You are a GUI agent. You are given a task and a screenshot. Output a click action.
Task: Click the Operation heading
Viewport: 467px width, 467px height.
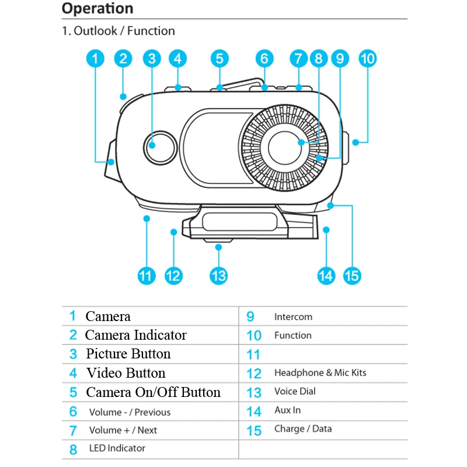(x=97, y=9)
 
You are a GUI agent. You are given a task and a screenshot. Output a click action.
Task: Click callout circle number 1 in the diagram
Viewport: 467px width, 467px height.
(x=96, y=58)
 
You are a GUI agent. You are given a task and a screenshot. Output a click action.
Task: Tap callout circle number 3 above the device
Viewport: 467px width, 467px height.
(x=152, y=58)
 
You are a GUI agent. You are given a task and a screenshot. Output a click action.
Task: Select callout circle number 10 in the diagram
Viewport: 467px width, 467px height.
(x=368, y=58)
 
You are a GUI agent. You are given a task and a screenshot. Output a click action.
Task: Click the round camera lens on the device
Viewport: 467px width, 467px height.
(x=160, y=146)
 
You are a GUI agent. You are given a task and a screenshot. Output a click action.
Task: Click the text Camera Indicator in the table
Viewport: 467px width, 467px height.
(x=135, y=335)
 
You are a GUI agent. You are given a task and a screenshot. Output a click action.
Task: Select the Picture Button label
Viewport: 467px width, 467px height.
(x=128, y=354)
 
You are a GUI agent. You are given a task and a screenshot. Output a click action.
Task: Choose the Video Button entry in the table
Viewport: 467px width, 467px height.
(x=126, y=373)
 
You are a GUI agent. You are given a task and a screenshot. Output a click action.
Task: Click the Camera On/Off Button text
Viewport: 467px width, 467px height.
(x=154, y=392)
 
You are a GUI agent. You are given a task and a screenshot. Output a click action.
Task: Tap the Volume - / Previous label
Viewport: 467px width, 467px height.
(x=130, y=412)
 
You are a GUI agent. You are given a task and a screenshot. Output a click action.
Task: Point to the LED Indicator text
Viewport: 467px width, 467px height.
(x=117, y=448)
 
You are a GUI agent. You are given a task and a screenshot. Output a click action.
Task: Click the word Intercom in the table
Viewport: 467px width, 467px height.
(x=293, y=317)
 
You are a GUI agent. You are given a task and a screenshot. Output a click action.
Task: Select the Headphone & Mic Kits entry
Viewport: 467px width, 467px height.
(x=320, y=372)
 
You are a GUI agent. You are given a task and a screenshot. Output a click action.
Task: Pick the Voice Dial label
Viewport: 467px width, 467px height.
(x=295, y=391)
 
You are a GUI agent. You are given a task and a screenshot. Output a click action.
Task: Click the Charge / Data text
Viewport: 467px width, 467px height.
(x=303, y=429)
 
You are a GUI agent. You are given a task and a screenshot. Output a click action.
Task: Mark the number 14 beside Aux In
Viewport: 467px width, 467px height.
(x=254, y=412)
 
